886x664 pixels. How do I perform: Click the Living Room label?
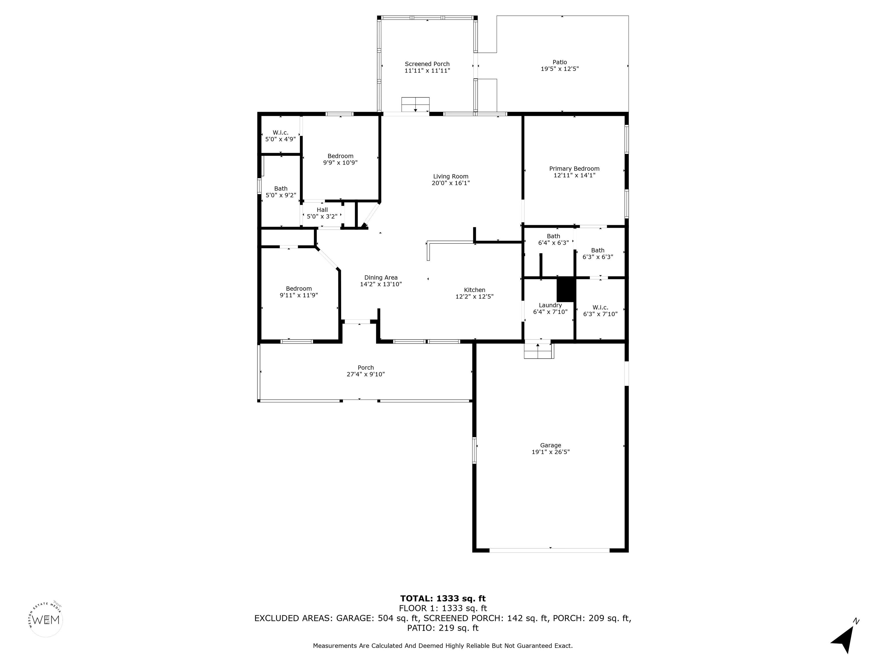(x=450, y=176)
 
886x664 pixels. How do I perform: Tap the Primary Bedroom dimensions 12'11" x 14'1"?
(x=575, y=175)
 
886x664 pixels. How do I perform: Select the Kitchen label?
(x=475, y=290)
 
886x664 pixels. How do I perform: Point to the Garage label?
(x=550, y=446)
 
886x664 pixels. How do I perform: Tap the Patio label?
(x=560, y=62)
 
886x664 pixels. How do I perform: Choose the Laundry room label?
(x=550, y=305)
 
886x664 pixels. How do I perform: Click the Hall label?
(x=322, y=210)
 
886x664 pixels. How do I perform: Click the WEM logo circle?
(x=46, y=620)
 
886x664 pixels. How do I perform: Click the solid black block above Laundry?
(x=566, y=289)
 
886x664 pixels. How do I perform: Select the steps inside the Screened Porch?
(x=415, y=105)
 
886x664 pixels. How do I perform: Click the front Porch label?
(x=366, y=368)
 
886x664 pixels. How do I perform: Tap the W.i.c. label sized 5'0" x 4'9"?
(x=280, y=133)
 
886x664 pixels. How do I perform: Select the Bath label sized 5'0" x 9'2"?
(x=281, y=188)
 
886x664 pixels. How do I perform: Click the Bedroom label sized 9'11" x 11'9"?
(x=299, y=288)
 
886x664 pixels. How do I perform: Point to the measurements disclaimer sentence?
(x=443, y=646)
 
